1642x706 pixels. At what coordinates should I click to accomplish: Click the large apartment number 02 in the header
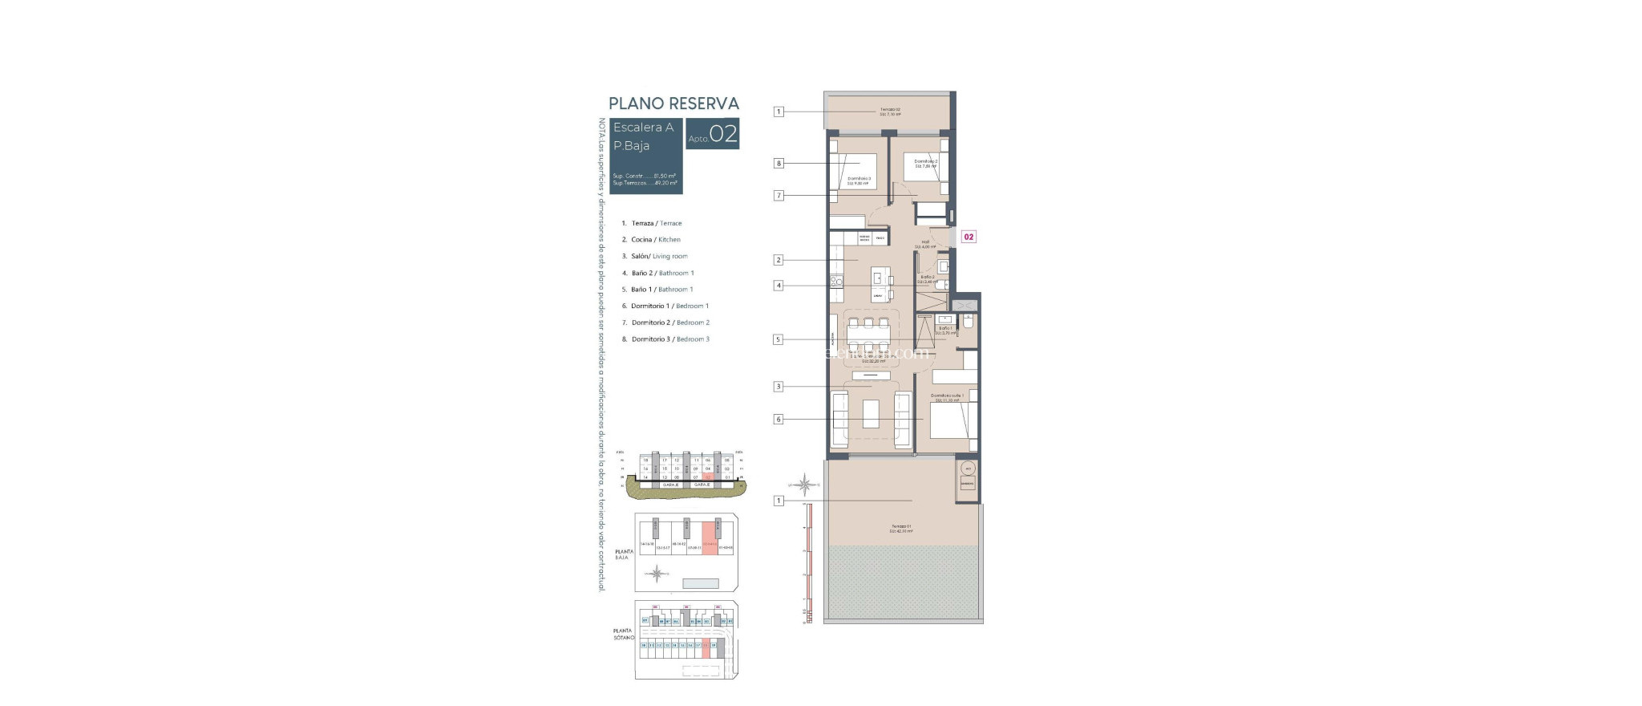(x=723, y=134)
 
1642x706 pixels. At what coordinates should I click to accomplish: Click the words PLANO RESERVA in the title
(x=673, y=103)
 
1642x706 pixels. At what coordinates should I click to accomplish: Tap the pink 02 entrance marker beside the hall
(x=969, y=237)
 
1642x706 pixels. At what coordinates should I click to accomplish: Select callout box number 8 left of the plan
(x=778, y=164)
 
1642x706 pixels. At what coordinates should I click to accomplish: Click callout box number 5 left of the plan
(x=778, y=339)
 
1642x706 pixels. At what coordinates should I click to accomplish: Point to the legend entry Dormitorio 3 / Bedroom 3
(x=669, y=339)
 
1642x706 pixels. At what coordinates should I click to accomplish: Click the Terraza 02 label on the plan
(x=890, y=112)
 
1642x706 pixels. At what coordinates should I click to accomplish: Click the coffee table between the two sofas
(x=871, y=413)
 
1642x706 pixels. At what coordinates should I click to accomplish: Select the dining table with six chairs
(x=869, y=335)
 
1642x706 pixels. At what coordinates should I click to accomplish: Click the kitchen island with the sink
(x=879, y=283)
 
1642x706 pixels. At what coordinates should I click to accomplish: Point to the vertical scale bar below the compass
(x=808, y=562)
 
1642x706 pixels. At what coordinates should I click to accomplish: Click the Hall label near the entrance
(x=925, y=243)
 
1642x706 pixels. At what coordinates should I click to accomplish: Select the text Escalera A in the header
(x=643, y=128)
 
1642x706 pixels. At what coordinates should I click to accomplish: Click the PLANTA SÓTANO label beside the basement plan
(x=623, y=634)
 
